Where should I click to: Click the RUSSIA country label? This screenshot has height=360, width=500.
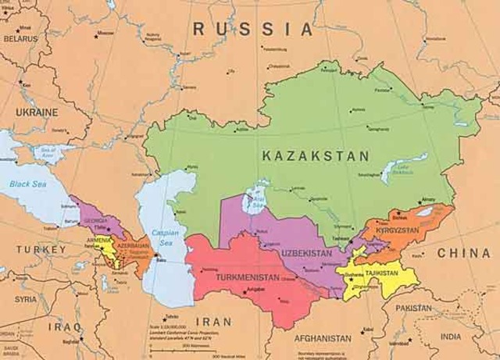tap(253, 30)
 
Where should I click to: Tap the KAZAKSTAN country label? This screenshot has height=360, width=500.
tap(316, 156)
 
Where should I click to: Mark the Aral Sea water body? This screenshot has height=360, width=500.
tap(255, 201)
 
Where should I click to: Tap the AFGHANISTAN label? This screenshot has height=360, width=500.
tap(323, 338)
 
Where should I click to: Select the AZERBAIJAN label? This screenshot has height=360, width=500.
tap(134, 245)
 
